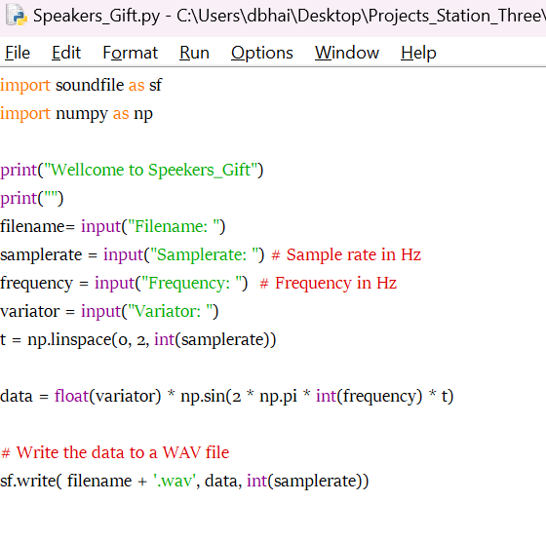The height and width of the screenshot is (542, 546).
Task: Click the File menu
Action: click(x=18, y=53)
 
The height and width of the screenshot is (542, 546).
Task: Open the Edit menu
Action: click(x=66, y=53)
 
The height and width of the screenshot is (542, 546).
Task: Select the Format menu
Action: click(x=131, y=53)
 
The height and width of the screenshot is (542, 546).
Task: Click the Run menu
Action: click(x=194, y=53)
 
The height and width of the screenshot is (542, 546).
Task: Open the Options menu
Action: click(x=262, y=53)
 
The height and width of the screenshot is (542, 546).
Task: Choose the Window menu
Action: click(x=347, y=53)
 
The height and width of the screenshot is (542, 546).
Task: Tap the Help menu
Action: click(x=418, y=53)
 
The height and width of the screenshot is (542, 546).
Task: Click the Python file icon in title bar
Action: click(x=17, y=15)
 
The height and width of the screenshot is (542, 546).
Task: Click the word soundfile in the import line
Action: click(x=90, y=85)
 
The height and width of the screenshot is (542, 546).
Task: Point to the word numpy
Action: click(x=82, y=114)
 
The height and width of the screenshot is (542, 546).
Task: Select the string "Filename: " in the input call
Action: click(x=174, y=226)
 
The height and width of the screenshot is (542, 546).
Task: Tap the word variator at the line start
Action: click(x=29, y=311)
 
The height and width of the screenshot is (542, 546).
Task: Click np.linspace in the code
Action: click(x=69, y=339)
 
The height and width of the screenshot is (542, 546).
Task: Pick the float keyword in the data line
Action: click(x=71, y=396)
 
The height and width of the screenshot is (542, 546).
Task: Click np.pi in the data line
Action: click(x=278, y=397)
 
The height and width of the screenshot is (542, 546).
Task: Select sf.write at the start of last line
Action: click(x=28, y=481)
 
